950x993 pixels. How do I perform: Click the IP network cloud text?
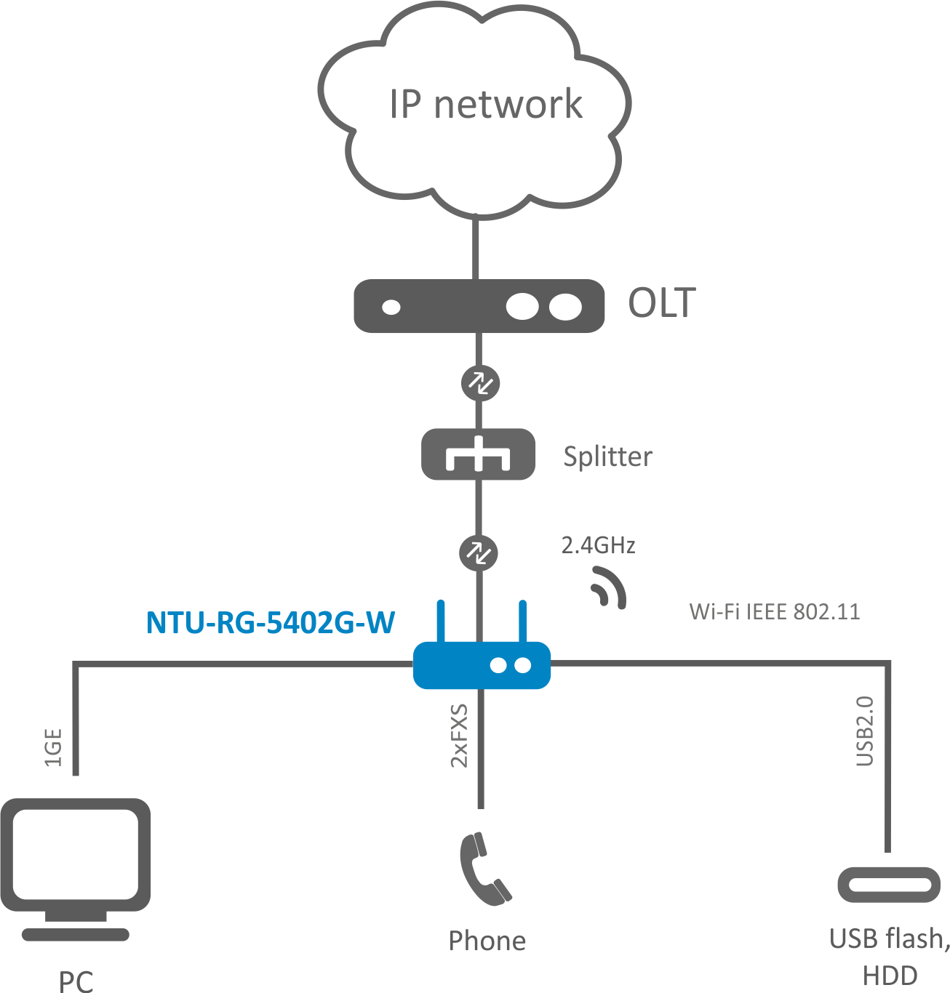pyautogui.click(x=485, y=104)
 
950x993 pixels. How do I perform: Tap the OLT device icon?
pyautogui.click(x=479, y=306)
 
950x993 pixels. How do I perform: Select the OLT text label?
pyautogui.click(x=661, y=303)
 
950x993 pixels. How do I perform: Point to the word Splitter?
pyautogui.click(x=607, y=457)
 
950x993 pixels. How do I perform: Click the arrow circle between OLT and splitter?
pyautogui.click(x=480, y=382)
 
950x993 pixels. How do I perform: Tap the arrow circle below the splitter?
pyautogui.click(x=479, y=553)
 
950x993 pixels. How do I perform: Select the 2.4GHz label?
pyautogui.click(x=598, y=545)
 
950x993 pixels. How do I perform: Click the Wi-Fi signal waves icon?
pyautogui.click(x=608, y=587)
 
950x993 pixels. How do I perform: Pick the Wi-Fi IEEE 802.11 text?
pyautogui.click(x=774, y=611)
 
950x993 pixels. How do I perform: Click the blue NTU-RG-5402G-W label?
pyautogui.click(x=271, y=623)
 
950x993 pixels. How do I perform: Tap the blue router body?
pyautogui.click(x=482, y=665)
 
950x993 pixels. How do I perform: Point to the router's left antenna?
pyautogui.click(x=440, y=621)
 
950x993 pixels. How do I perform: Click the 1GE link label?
pyautogui.click(x=54, y=747)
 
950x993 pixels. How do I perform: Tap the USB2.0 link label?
pyautogui.click(x=864, y=731)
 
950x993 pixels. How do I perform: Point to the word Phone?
pyautogui.click(x=487, y=941)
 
